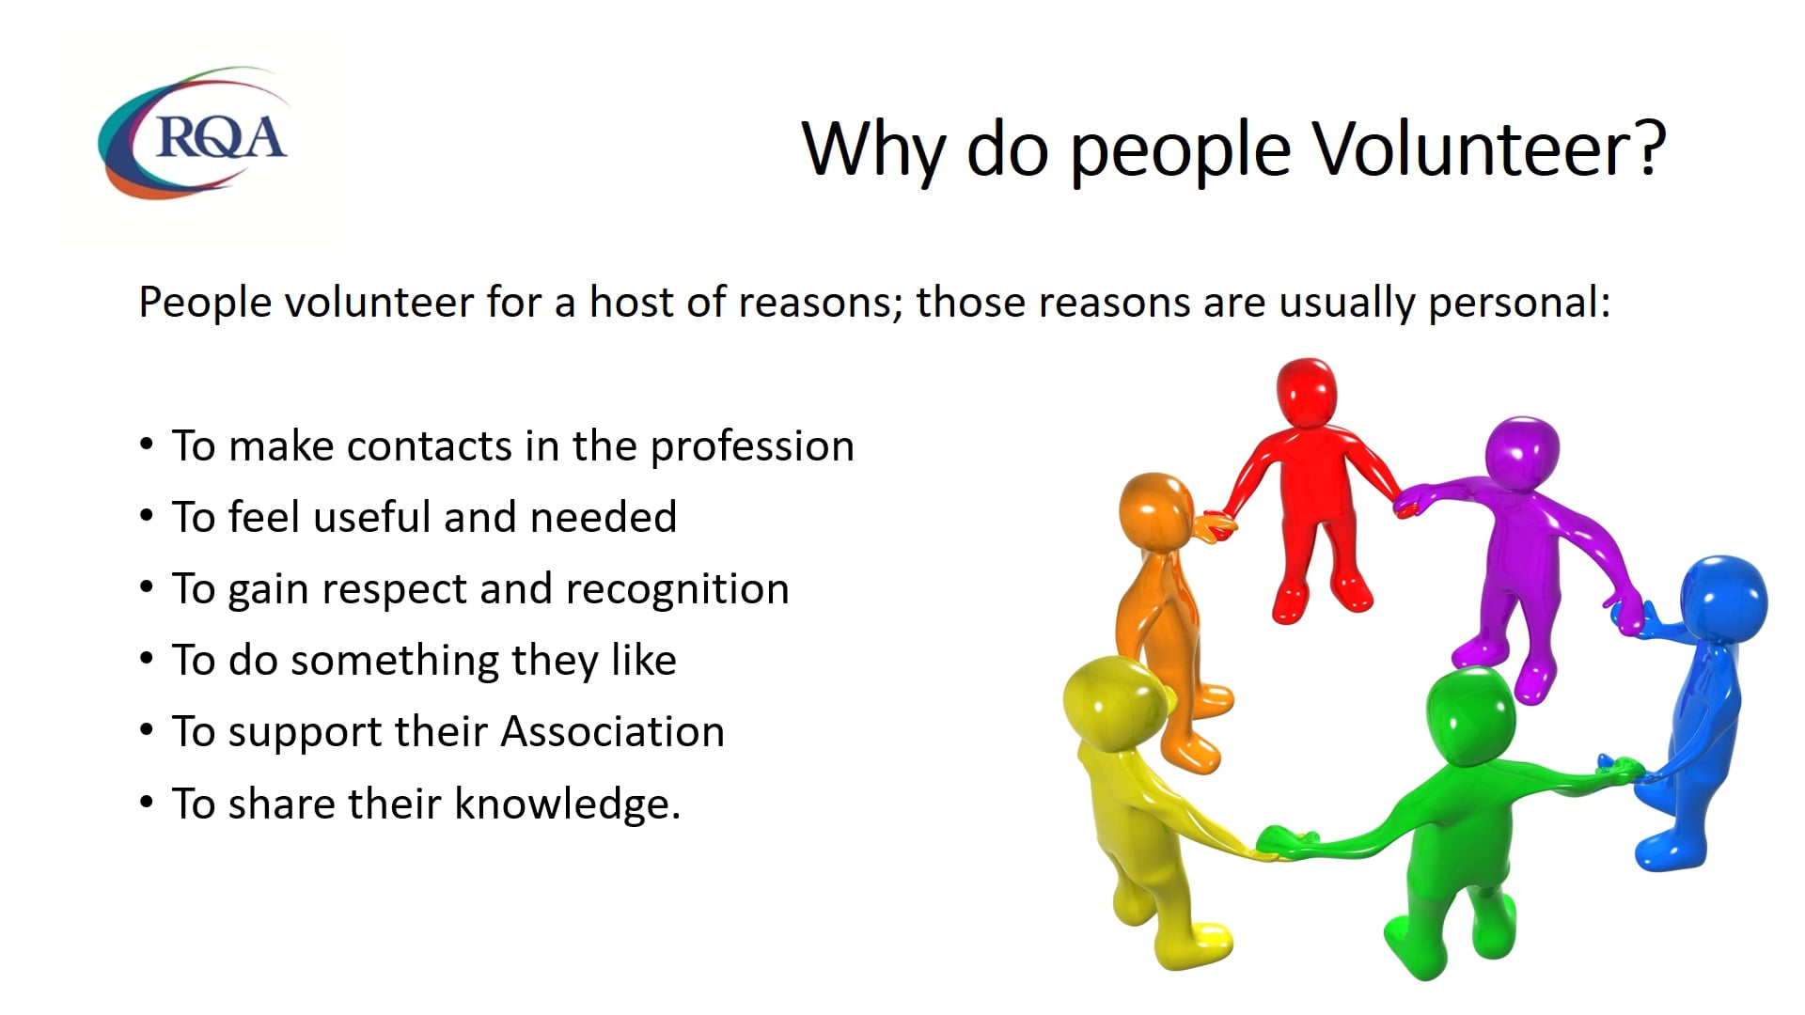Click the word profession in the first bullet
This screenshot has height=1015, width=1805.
click(x=752, y=446)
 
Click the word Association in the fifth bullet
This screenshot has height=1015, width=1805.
click(x=612, y=732)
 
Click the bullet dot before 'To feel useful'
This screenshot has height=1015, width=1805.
click(x=146, y=516)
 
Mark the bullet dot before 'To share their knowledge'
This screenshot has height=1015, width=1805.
click(x=146, y=803)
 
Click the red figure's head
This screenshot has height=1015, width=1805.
click(x=1306, y=392)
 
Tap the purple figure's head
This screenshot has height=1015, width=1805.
click(x=1522, y=452)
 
